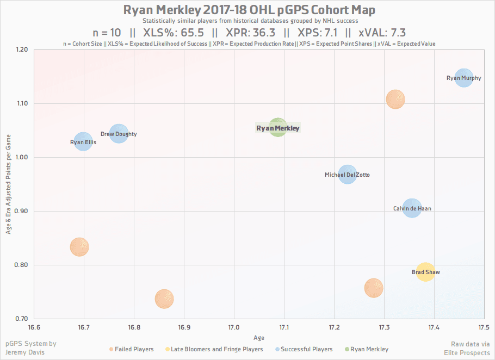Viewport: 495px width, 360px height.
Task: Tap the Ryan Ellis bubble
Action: [83, 142]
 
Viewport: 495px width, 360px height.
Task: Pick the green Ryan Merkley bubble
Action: [277, 128]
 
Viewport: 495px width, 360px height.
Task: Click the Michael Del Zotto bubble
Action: [347, 175]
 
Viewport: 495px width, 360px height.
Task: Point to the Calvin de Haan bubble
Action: [412, 208]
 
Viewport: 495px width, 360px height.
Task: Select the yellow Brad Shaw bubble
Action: [425, 271]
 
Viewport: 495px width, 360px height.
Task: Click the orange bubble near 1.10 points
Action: [395, 99]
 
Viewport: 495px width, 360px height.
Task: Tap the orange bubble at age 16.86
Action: [164, 299]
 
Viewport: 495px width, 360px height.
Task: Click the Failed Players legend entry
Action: [131, 349]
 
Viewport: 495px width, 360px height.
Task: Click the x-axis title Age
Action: [259, 338]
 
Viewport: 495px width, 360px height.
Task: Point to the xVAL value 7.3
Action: [394, 33]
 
